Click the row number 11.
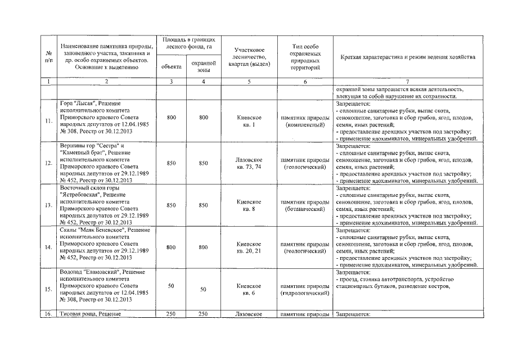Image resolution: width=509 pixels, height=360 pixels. tap(49, 121)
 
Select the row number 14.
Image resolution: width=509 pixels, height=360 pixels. tap(49, 247)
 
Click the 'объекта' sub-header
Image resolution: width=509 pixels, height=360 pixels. tap(171, 66)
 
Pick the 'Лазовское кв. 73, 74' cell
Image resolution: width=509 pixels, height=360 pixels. tap(249, 164)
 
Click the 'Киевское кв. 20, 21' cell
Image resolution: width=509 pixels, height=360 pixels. tap(249, 247)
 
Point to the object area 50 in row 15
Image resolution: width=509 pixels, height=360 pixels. tap(171, 286)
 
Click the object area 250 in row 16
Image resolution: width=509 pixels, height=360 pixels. tap(171, 314)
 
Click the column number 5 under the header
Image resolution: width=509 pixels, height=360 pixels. tap(249, 82)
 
